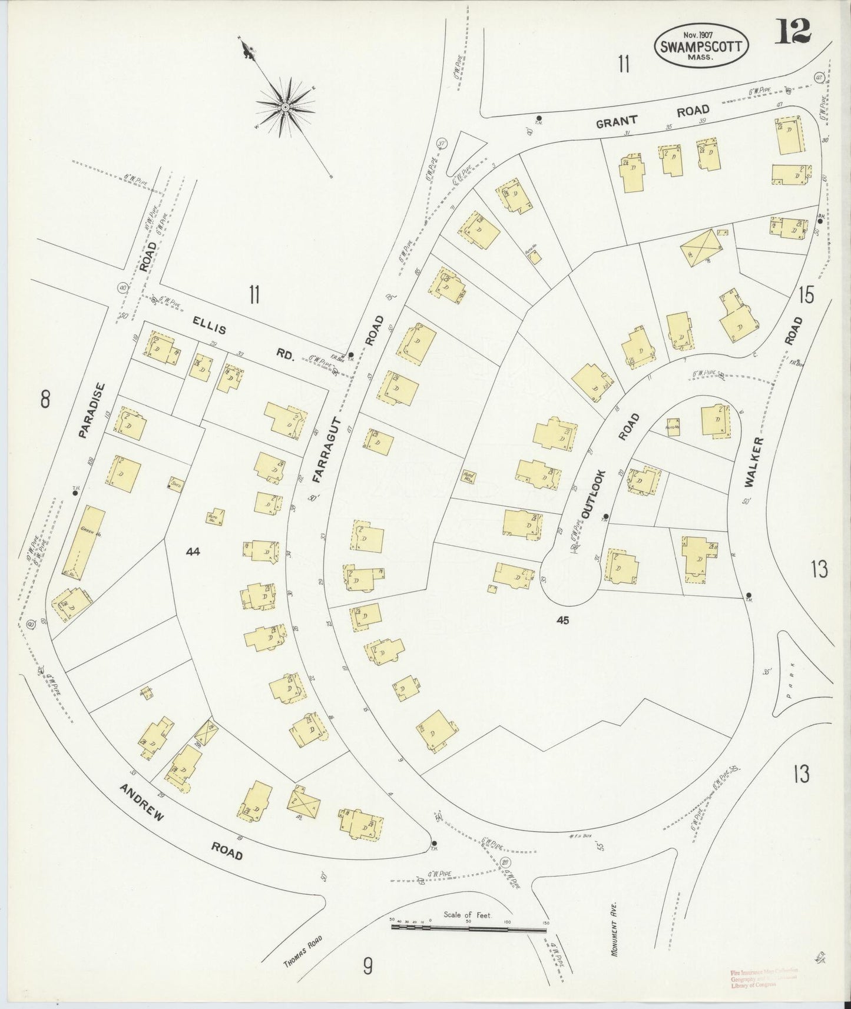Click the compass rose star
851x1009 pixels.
point(285,107)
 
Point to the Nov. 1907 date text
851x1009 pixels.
point(701,34)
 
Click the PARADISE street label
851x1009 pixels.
point(91,411)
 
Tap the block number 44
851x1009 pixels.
point(193,552)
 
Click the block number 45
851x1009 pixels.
point(562,619)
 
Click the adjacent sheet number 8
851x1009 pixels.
point(45,400)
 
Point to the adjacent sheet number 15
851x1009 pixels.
point(806,294)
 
